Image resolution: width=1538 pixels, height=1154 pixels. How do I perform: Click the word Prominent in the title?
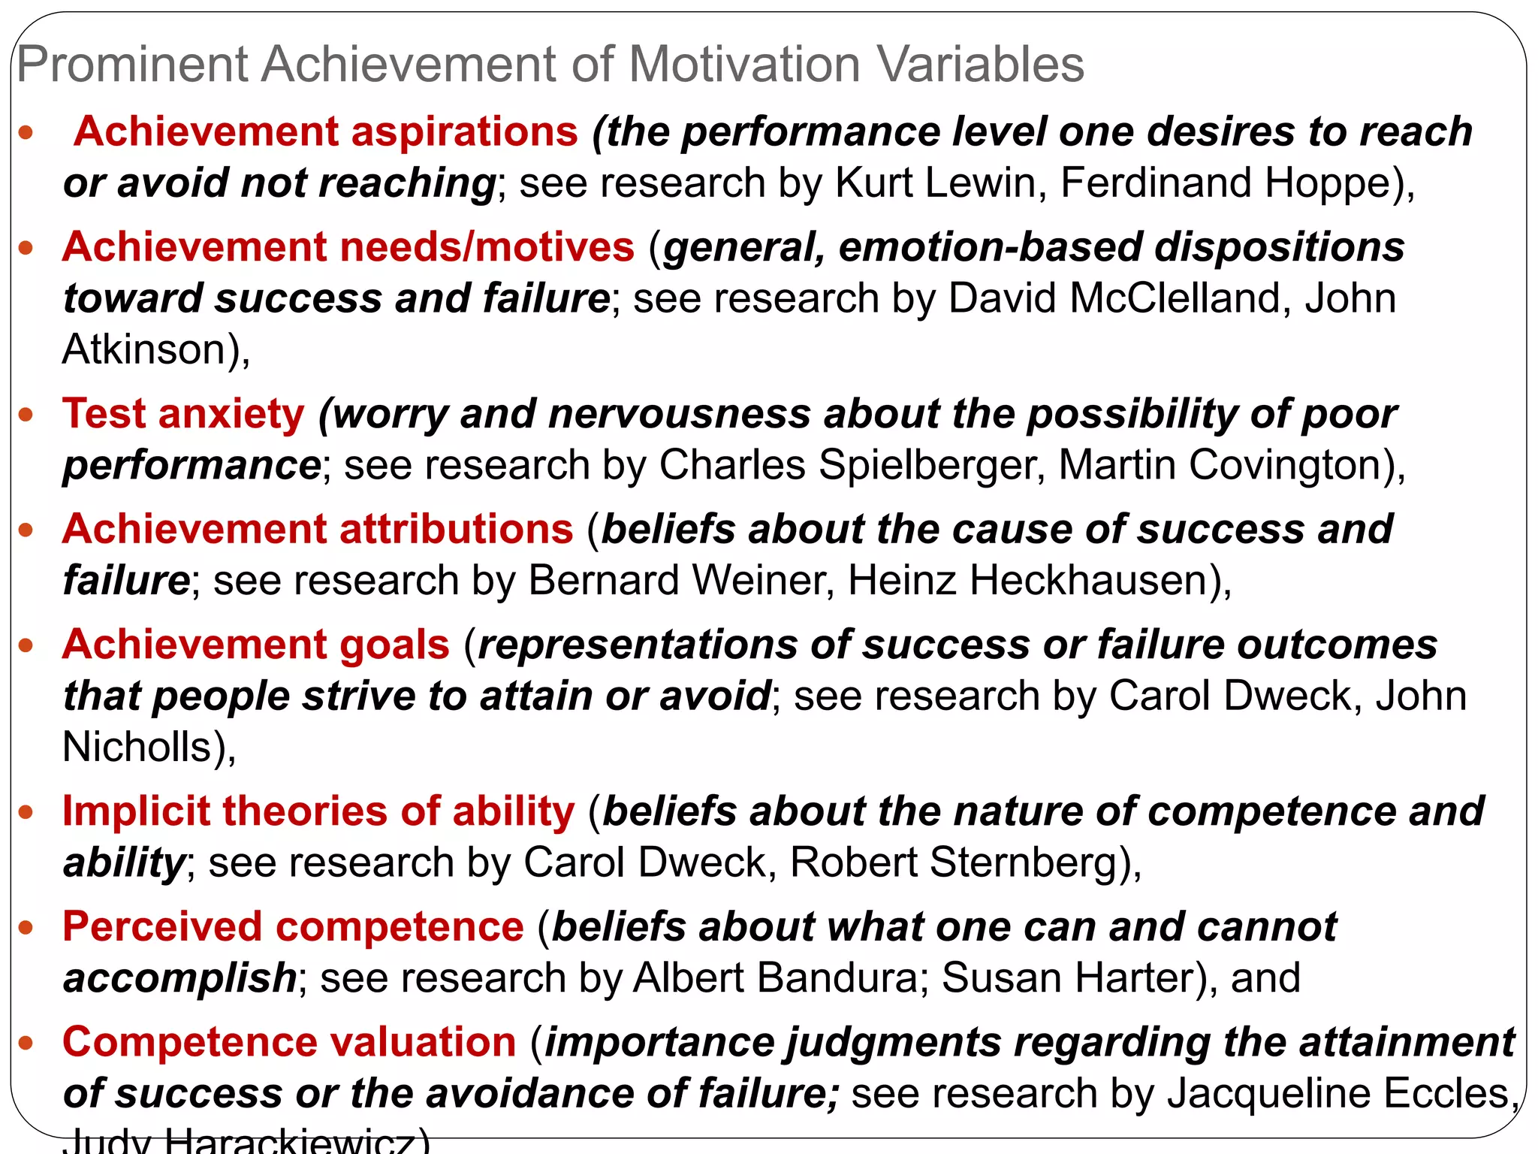[x=132, y=65]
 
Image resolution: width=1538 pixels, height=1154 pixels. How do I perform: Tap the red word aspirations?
[x=464, y=132]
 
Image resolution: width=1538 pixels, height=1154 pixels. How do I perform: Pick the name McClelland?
[x=1175, y=298]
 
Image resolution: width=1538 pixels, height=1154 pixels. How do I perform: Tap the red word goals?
[x=394, y=645]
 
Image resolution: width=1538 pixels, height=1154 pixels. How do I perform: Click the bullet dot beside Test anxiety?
[x=26, y=415]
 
